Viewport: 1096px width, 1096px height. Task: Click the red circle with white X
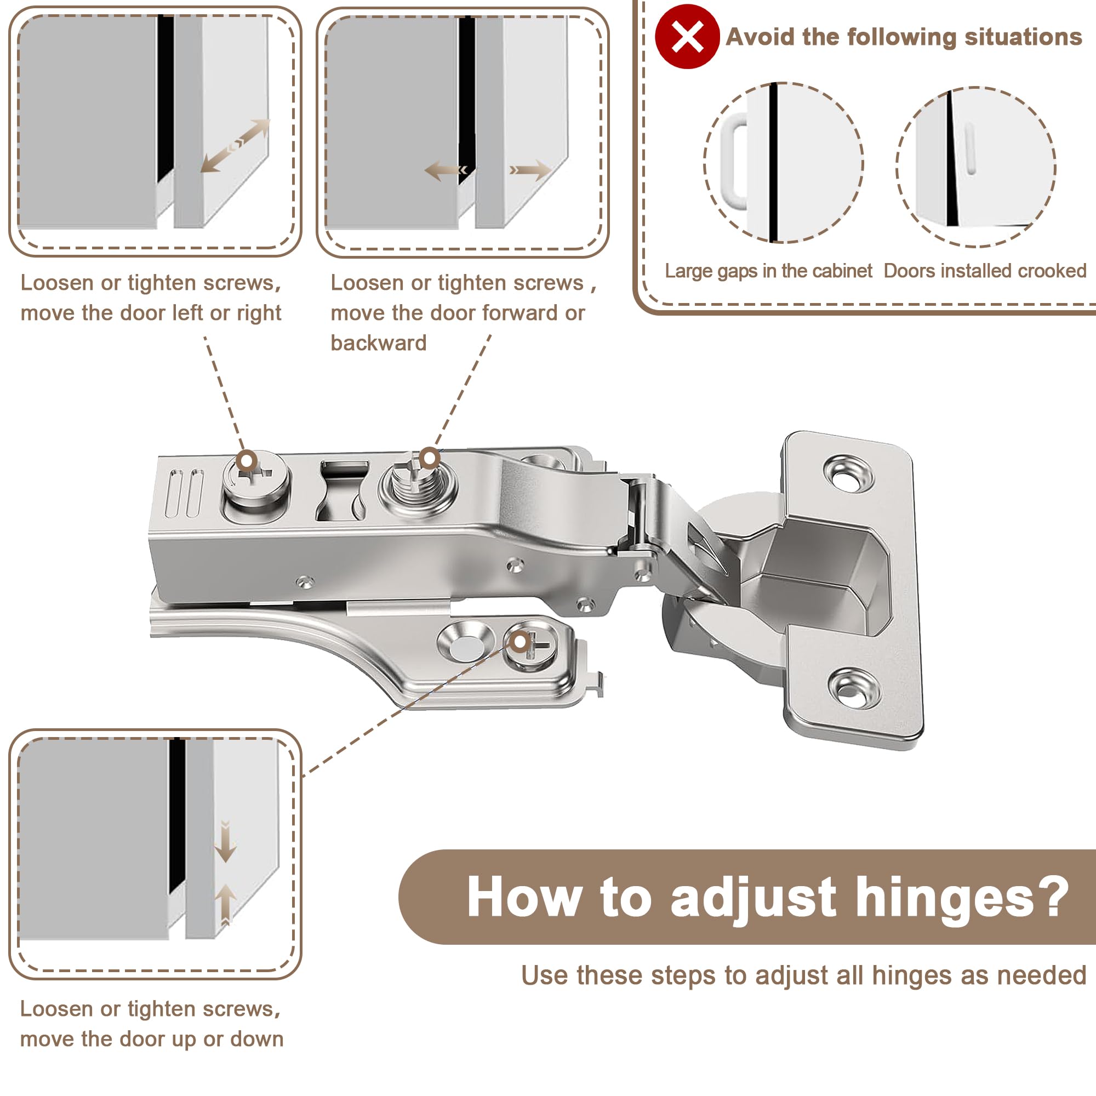click(687, 36)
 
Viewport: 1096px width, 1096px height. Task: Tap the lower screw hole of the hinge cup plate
click(854, 688)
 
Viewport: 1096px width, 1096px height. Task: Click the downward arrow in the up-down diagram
click(225, 841)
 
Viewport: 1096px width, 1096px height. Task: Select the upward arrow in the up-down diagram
click(225, 904)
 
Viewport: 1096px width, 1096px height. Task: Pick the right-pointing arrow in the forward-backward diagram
click(530, 170)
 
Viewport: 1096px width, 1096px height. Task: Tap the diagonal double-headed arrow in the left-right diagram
click(236, 145)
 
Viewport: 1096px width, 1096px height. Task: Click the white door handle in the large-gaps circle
click(734, 162)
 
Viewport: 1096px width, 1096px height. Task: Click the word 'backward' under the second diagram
click(378, 343)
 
